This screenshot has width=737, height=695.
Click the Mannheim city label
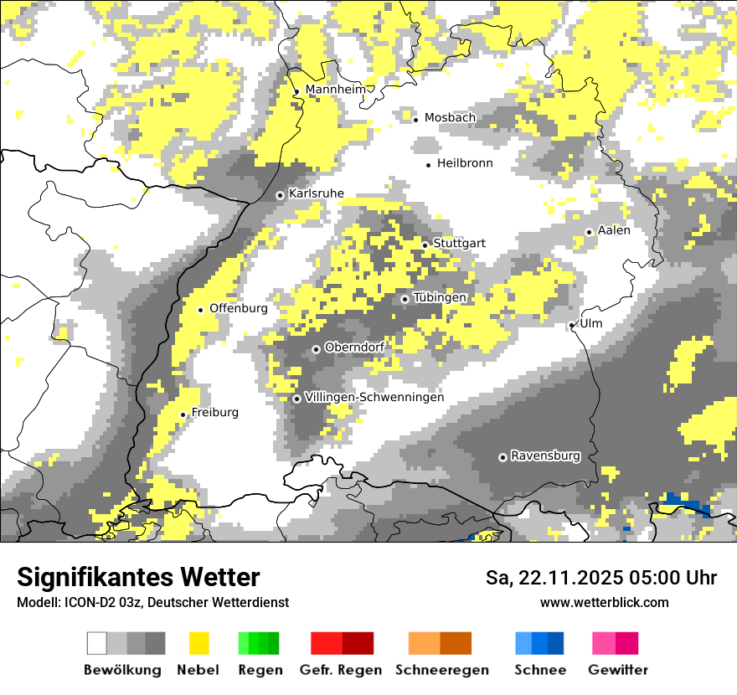[337, 90]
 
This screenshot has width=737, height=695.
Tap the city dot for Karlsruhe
[281, 195]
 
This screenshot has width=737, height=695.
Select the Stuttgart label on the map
[459, 244]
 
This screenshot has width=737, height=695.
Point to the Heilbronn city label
[465, 163]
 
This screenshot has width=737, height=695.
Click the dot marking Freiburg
[183, 414]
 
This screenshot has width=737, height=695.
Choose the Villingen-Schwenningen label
[374, 397]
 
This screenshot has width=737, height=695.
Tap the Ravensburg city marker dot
[502, 457]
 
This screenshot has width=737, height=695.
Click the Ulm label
[590, 323]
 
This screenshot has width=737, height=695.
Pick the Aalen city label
[614, 230]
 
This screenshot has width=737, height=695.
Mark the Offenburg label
[239, 308]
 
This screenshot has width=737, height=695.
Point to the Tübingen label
[440, 297]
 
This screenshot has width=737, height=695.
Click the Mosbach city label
[450, 118]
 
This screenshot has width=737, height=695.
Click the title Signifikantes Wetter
[138, 577]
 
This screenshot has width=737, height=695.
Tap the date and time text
[601, 578]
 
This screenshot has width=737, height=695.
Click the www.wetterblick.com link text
[605, 602]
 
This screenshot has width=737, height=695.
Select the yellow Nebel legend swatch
[198, 643]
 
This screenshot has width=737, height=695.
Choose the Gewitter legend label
[618, 670]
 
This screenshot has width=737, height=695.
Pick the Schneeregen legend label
[442, 670]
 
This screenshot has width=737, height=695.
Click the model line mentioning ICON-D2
[152, 602]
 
